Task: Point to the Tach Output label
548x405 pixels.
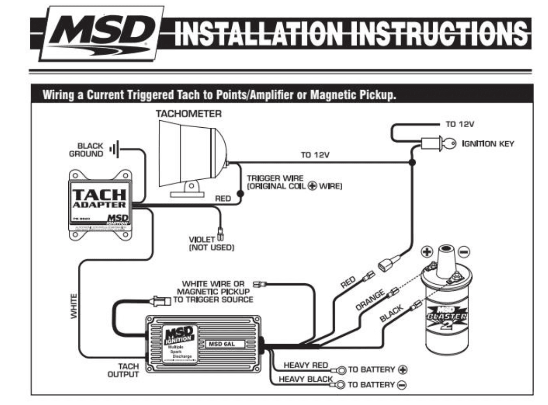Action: click(123, 371)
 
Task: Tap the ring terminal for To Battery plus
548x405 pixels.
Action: click(340, 370)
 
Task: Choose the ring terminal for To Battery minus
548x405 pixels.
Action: click(341, 385)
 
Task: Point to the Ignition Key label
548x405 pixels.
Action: click(488, 144)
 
